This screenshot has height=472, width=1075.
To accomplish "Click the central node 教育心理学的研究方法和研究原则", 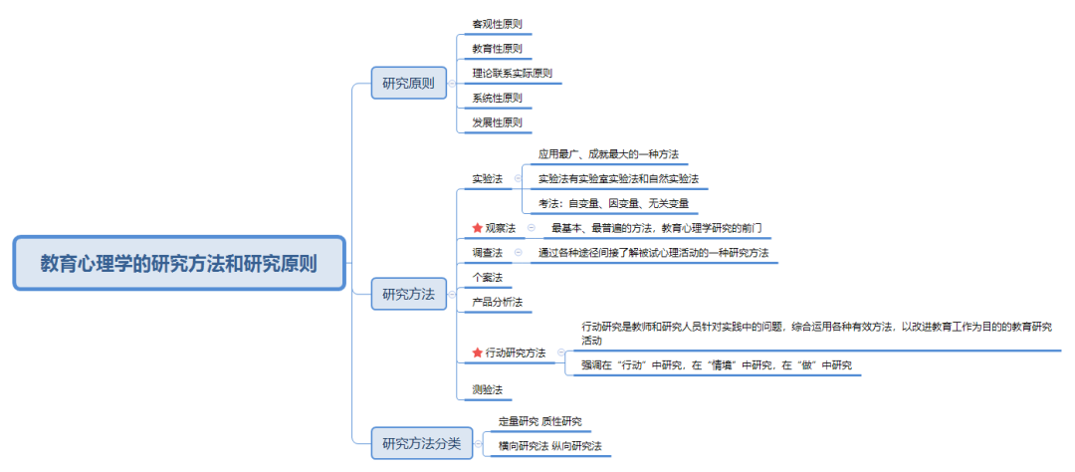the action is point(179,264).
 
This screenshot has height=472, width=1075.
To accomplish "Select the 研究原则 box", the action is point(409,83).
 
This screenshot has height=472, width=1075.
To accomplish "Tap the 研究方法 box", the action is point(409,294).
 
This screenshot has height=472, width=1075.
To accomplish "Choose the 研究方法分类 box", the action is point(422,442).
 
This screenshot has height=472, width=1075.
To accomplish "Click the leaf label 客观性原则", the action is point(497,23).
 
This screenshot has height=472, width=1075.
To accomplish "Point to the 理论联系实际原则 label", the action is point(513,74).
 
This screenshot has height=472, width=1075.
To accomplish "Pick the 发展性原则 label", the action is point(497,122).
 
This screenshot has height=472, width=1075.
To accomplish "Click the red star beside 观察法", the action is point(478,228).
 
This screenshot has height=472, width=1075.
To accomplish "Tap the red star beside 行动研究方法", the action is point(478,353).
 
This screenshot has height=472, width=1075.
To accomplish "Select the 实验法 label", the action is point(488,178).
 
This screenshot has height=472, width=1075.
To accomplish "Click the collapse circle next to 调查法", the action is point(519,253).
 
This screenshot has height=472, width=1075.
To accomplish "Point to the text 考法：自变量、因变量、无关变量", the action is point(613,203).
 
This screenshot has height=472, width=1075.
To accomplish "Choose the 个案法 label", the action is point(488,277).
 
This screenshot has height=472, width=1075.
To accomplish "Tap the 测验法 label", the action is point(488,389).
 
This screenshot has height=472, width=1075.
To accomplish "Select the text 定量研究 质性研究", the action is point(540,421).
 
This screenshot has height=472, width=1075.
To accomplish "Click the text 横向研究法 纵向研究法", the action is point(549,446).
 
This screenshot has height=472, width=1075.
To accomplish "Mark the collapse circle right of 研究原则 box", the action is point(451,83).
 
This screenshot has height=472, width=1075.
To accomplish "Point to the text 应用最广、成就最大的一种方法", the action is point(609,153).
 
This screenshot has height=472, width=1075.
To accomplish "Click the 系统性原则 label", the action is point(497,99).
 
